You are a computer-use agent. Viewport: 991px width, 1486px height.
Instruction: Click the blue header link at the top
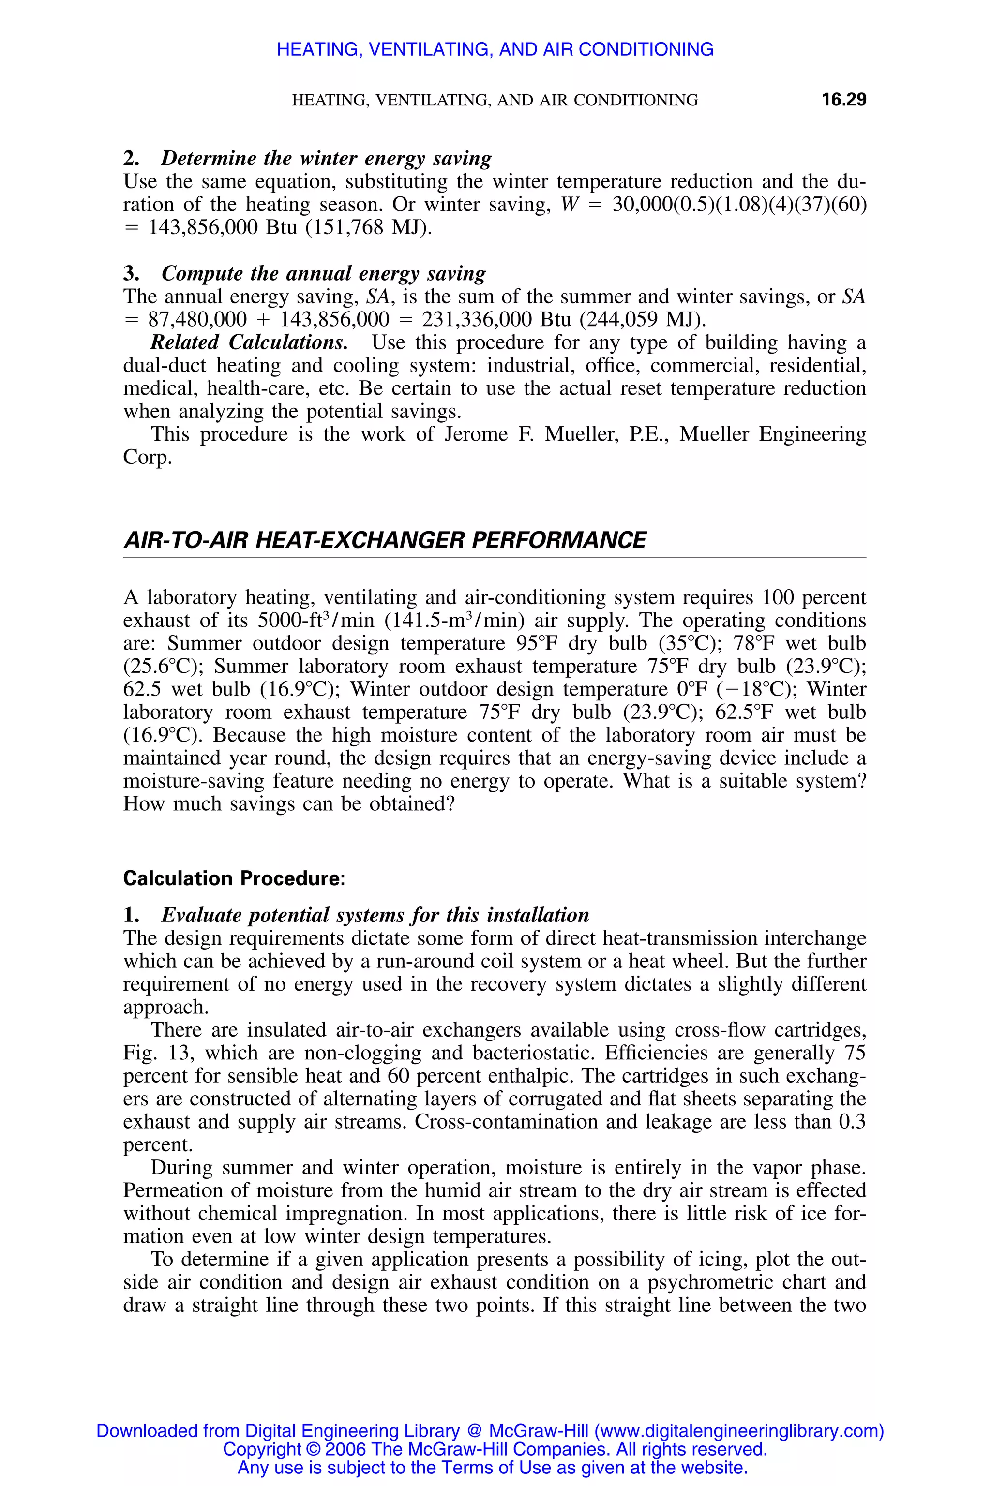495,49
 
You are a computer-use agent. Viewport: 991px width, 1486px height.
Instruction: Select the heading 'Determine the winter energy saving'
326,158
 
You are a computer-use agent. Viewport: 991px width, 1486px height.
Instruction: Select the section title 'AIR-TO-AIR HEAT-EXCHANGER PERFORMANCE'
384,540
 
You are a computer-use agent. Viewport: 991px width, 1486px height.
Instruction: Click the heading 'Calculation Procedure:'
234,878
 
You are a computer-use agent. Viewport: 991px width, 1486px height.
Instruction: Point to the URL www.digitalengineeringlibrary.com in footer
738,1431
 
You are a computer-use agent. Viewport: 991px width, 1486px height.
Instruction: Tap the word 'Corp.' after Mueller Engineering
147,458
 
